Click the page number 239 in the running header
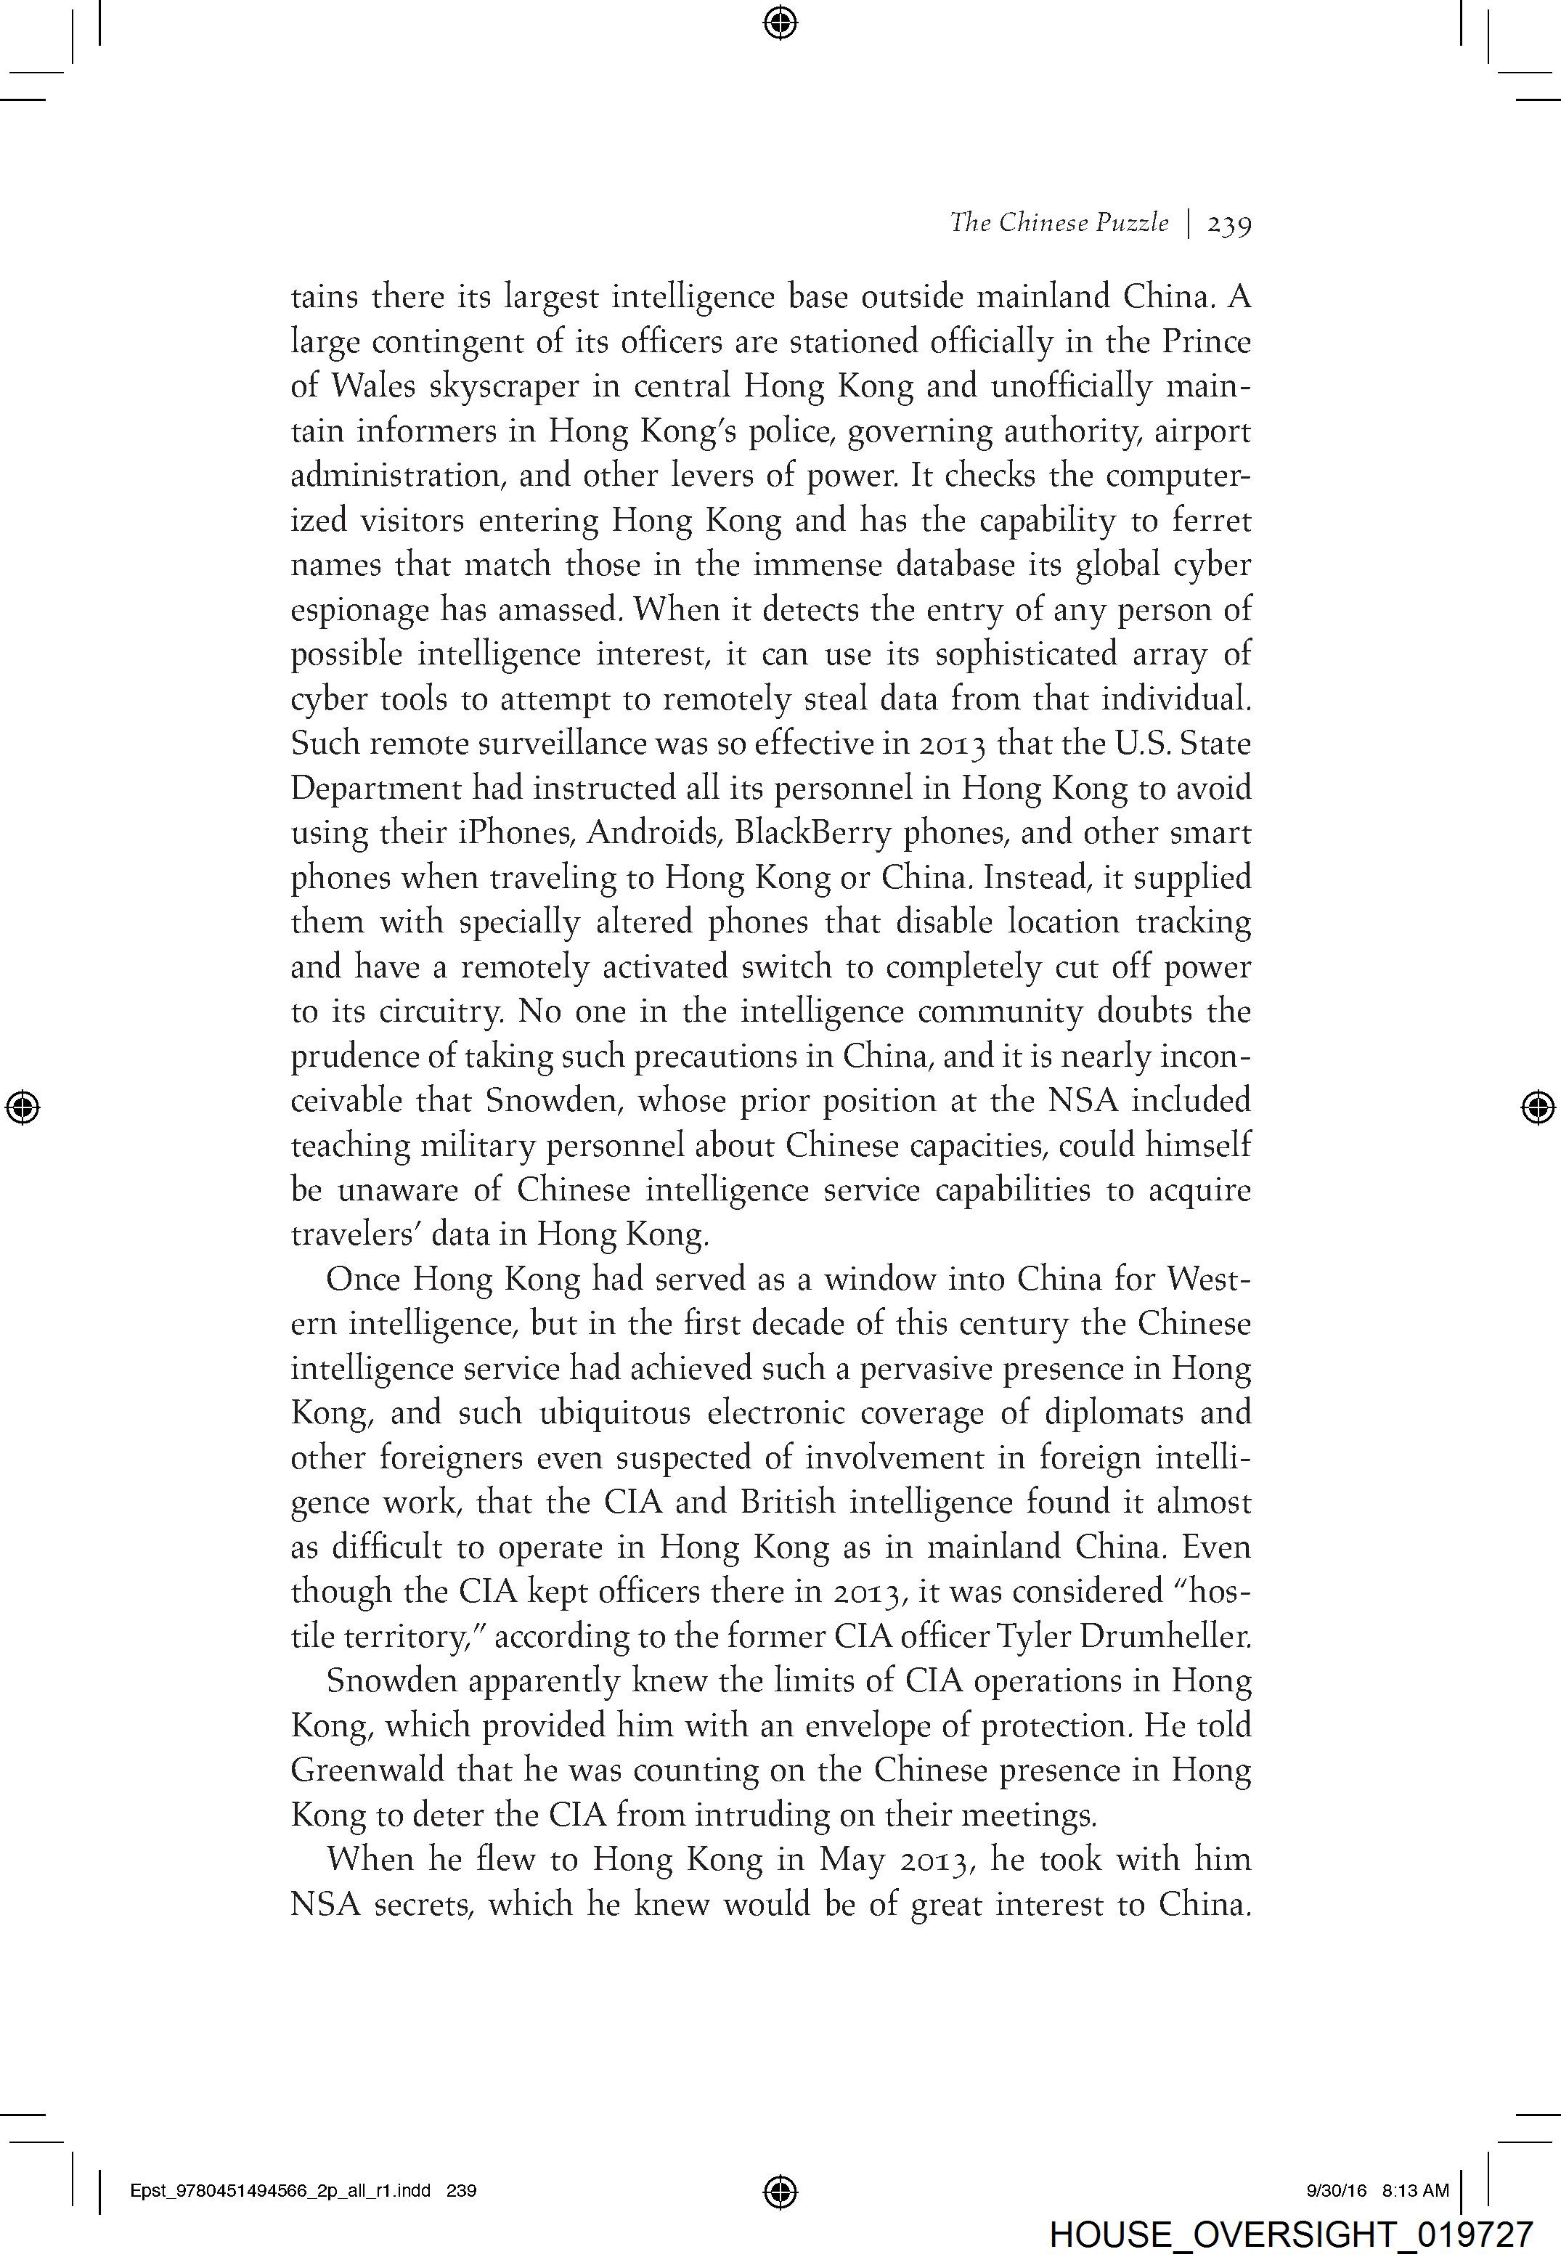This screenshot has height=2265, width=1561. click(1228, 224)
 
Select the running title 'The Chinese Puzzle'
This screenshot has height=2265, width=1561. click(1059, 223)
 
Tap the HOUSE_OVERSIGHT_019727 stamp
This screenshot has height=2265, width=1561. click(1290, 2234)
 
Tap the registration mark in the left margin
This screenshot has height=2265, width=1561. click(23, 1107)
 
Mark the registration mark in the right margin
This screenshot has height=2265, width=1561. click(1538, 1107)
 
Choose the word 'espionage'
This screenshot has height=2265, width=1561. click(358, 610)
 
